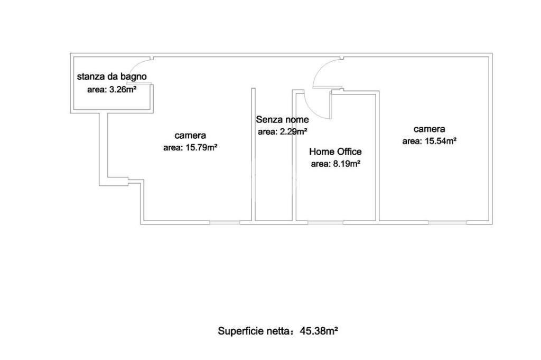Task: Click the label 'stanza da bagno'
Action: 111,77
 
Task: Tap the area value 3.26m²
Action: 112,90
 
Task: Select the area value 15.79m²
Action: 190,148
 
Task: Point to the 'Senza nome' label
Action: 282,119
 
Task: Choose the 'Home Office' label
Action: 335,151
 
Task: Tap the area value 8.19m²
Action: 335,164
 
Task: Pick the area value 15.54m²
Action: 429,141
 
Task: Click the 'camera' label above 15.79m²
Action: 190,136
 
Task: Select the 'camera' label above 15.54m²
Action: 429,129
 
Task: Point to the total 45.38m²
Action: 319,331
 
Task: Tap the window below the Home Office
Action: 325,222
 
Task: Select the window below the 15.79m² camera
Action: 225,222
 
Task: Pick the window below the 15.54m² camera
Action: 448,222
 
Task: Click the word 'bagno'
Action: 134,77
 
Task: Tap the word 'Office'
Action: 349,151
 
